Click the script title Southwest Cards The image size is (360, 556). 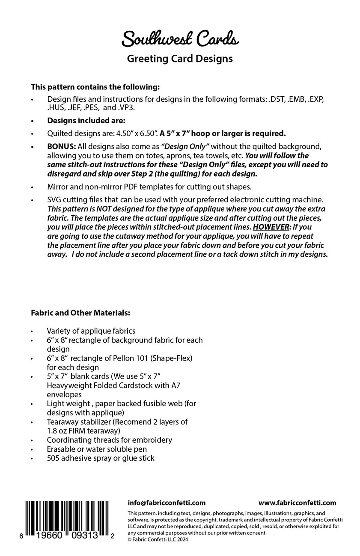(180, 39)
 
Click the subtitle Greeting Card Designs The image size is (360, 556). (180, 59)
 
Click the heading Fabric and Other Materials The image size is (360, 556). (80, 313)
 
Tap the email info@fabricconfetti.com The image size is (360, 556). (167, 503)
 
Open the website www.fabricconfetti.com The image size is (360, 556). (298, 503)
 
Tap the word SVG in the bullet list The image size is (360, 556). (54, 200)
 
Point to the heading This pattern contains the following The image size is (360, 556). (95, 86)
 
